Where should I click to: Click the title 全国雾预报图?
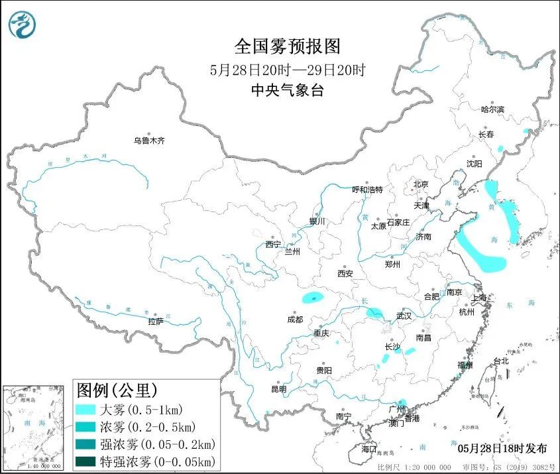(x=287, y=46)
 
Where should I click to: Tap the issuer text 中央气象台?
(x=287, y=91)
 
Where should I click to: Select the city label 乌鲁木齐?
(x=148, y=141)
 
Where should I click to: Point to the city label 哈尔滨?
(x=492, y=109)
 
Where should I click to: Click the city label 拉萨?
(x=156, y=322)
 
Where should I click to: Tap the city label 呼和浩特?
(x=367, y=190)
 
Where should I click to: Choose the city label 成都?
(x=295, y=319)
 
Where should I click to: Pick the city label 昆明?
(x=279, y=389)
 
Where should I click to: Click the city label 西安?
(x=345, y=273)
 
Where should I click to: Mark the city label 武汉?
(x=404, y=316)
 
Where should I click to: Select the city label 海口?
(x=369, y=449)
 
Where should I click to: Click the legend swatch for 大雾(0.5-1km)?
(x=86, y=409)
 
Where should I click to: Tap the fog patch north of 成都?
(x=313, y=298)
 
